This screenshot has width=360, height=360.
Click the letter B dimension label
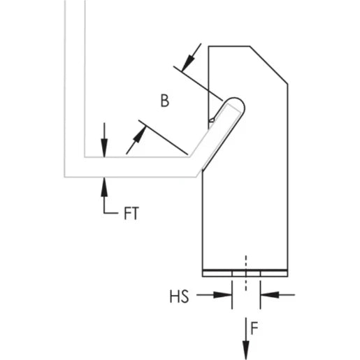click(164, 101)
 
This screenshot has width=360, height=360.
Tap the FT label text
click(131, 214)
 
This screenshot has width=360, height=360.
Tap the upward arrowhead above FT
click(104, 182)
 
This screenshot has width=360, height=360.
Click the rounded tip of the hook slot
click(238, 103)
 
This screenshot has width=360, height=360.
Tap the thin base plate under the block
click(245, 273)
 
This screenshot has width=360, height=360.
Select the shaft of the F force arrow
click(246, 329)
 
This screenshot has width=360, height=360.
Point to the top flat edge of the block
click(229, 46)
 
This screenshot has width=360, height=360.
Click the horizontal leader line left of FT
click(112, 213)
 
